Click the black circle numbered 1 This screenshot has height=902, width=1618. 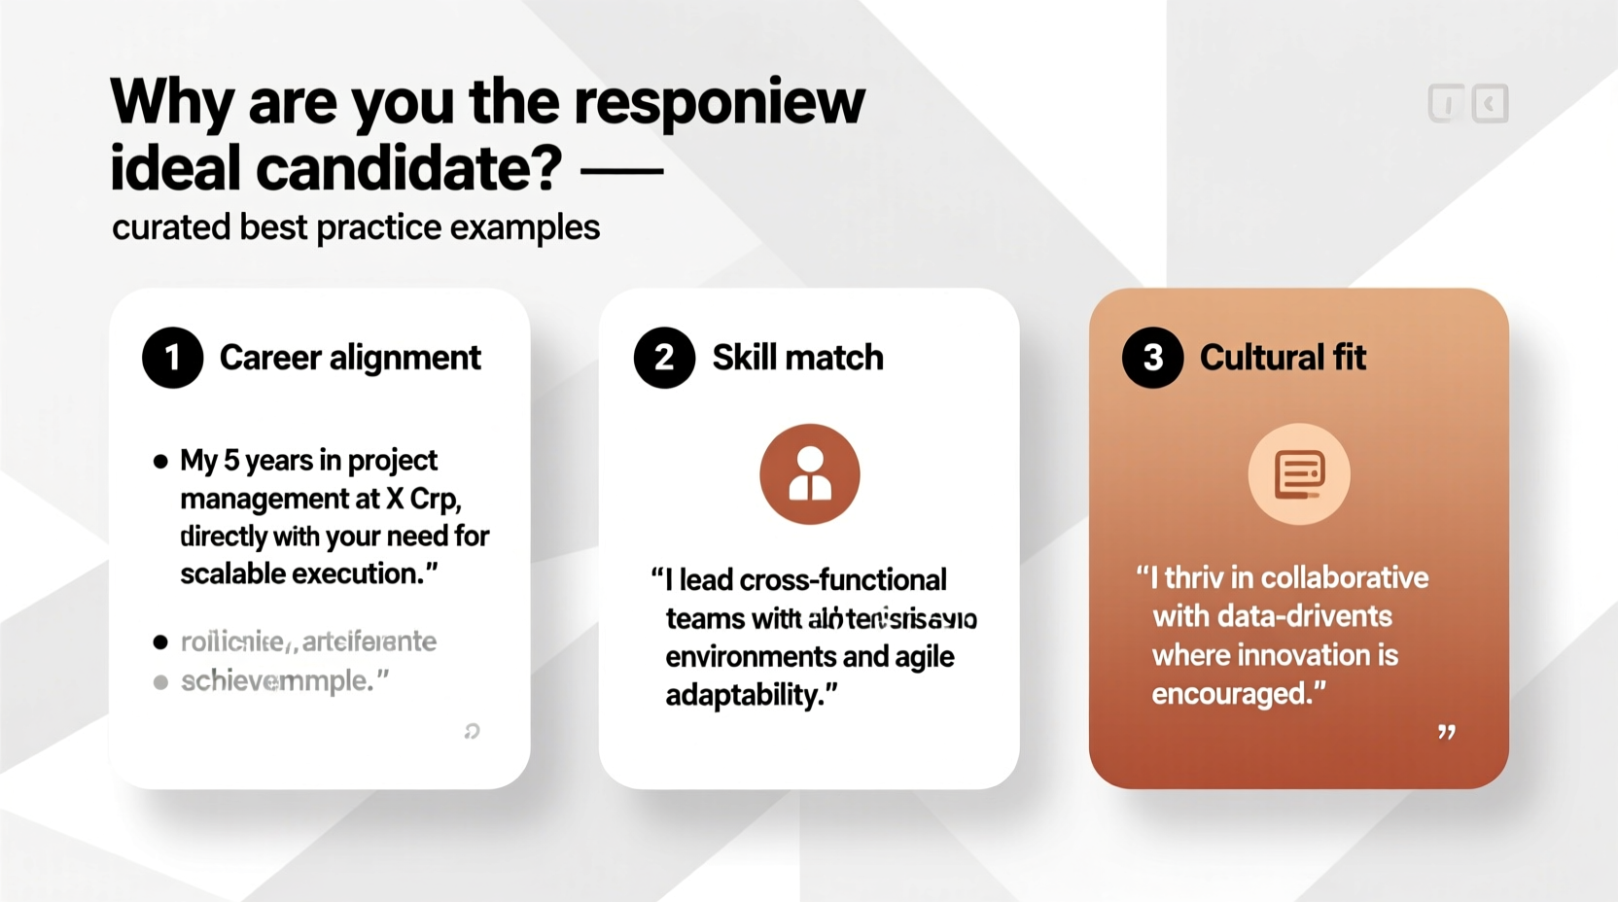tap(172, 358)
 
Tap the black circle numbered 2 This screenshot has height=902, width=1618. tap(664, 358)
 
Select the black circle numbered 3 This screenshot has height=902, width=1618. tap(1152, 358)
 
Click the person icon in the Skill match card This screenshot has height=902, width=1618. tap(809, 474)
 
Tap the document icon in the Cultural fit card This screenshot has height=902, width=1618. tap(1299, 474)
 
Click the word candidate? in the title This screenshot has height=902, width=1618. tap(409, 168)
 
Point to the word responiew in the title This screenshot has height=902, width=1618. tap(719, 101)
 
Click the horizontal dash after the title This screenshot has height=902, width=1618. tap(621, 171)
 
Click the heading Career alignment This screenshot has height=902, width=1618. tap(350, 358)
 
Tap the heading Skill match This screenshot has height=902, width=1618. tap(797, 358)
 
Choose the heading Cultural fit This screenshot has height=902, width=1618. tap(1283, 358)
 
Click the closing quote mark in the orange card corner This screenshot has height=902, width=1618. tap(1447, 732)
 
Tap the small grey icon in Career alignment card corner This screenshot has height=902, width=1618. tap(472, 731)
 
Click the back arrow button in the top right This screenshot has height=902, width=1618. tap(1490, 103)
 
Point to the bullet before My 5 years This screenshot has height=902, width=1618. tap(160, 462)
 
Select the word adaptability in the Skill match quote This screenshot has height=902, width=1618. tap(744, 695)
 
